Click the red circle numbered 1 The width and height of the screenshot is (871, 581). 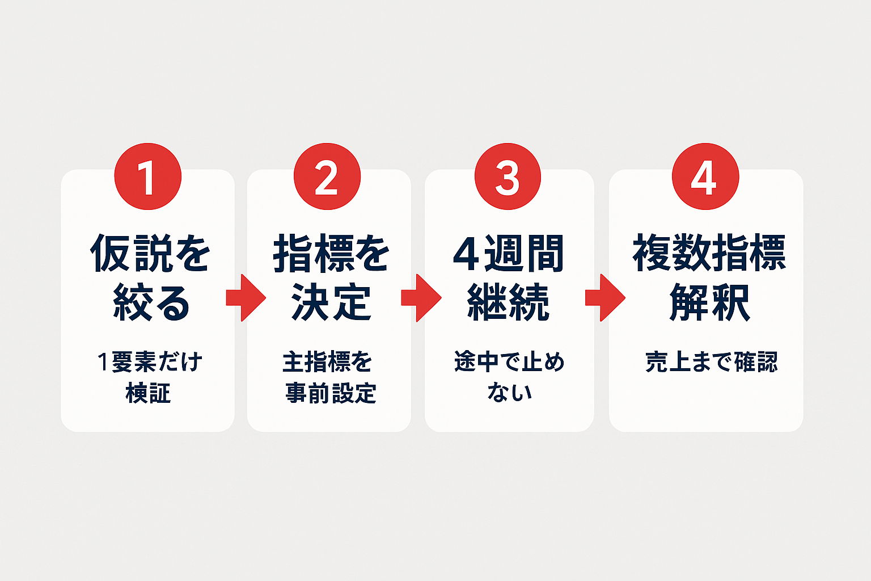[148, 176]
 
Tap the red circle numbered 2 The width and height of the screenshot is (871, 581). [327, 176]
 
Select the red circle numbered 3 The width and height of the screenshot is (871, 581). [508, 176]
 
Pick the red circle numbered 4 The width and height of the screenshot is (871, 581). [705, 176]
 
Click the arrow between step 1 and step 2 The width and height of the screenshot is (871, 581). [246, 298]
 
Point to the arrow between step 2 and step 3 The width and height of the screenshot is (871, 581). [421, 298]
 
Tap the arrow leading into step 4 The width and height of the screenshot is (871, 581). [606, 298]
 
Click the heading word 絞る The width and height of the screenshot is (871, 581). [151, 302]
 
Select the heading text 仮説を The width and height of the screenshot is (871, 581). [150, 253]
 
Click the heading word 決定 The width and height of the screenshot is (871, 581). [331, 302]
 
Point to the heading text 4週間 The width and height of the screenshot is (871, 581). [509, 253]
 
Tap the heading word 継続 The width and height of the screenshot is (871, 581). [508, 302]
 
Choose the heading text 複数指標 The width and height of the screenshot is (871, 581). [709, 252]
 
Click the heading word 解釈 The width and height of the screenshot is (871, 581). [709, 302]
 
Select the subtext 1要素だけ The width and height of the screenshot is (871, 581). [150, 362]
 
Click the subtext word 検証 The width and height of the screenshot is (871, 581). [148, 393]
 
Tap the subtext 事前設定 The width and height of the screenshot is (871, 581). [331, 393]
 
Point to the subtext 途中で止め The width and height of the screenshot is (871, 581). [509, 362]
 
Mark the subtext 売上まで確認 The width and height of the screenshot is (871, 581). [712, 362]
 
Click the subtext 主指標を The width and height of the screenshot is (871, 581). [327, 362]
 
